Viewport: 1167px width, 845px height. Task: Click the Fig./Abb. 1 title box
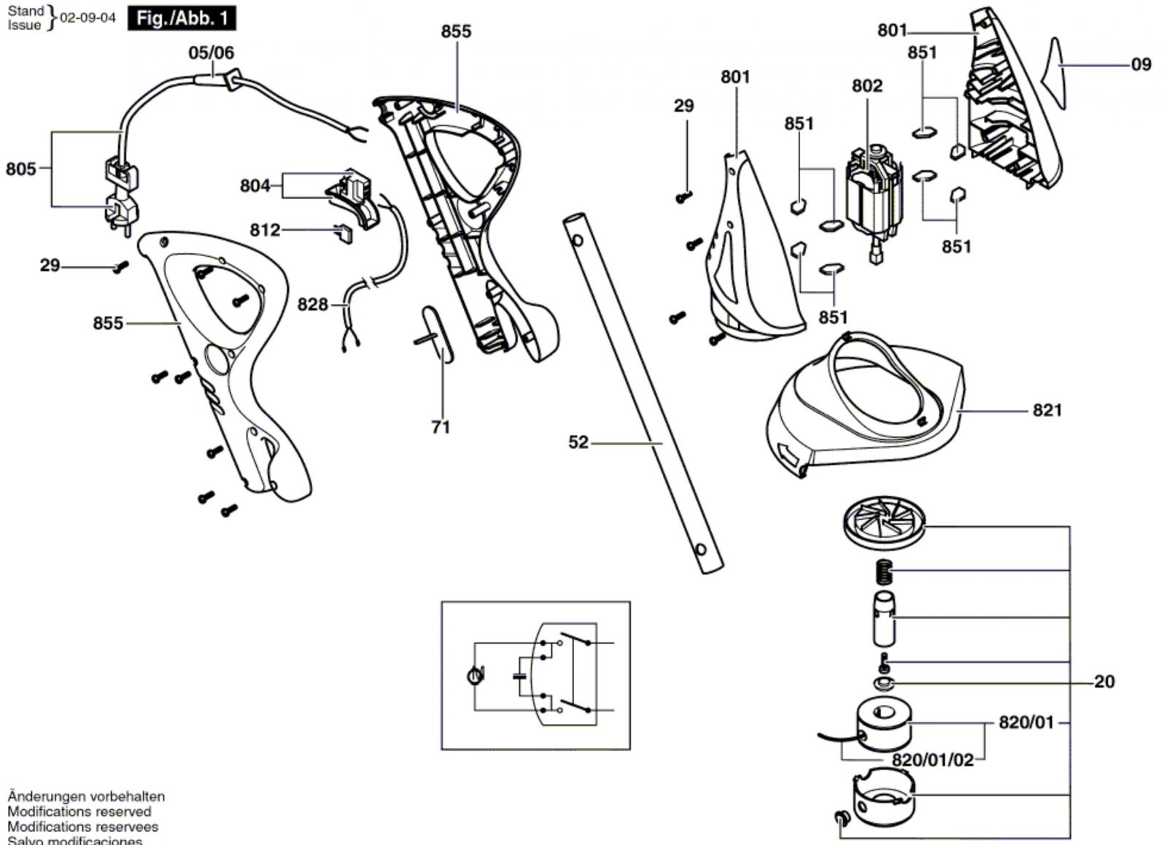[182, 18]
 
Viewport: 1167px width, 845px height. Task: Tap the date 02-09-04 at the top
[88, 18]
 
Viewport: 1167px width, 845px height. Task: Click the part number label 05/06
[211, 53]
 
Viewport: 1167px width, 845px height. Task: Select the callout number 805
[20, 169]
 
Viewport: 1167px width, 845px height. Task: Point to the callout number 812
[265, 231]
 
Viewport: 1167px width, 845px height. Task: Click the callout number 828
[313, 304]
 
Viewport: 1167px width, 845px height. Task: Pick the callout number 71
[441, 427]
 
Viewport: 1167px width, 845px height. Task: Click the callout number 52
[578, 442]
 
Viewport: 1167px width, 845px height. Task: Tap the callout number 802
[867, 86]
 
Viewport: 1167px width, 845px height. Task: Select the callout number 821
[1047, 410]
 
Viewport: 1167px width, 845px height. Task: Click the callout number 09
[1141, 65]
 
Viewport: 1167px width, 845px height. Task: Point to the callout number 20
[1104, 682]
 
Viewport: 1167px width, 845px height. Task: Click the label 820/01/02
[933, 760]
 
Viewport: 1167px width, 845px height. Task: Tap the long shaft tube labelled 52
[642, 394]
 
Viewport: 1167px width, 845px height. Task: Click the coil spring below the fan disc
[883, 571]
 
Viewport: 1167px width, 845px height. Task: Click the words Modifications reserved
[80, 811]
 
